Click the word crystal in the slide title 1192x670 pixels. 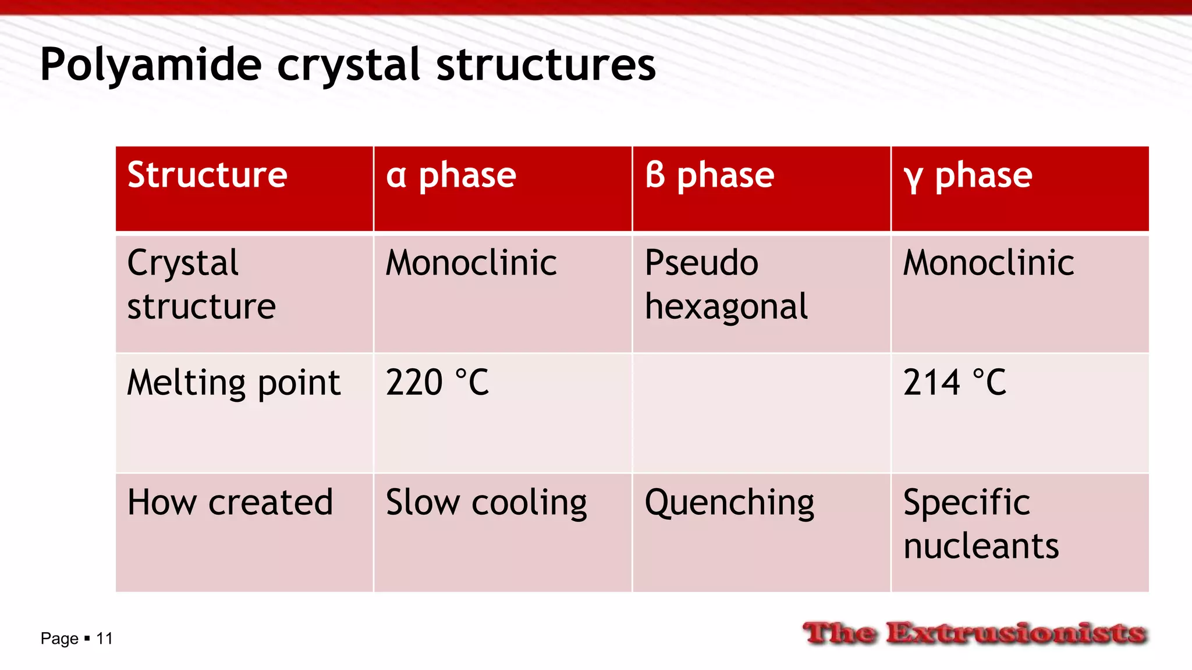click(348, 65)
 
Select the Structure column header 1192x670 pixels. click(207, 175)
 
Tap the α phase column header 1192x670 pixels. click(450, 175)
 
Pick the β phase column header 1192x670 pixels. click(709, 175)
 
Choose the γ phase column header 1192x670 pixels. click(967, 175)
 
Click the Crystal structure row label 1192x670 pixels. click(201, 284)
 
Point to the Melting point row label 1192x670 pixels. click(233, 383)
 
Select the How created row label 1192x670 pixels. click(230, 502)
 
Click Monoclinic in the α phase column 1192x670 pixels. click(471, 263)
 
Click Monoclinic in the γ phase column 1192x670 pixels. click(988, 263)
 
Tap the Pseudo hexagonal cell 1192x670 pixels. click(726, 284)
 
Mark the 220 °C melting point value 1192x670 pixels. click(437, 383)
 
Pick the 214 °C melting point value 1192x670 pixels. click(955, 383)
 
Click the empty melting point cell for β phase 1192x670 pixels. click(761, 413)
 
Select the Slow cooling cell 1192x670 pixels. click(486, 502)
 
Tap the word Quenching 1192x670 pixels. click(729, 502)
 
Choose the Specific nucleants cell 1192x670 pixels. click(981, 524)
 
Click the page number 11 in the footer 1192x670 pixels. click(104, 639)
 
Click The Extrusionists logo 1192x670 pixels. click(974, 633)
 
